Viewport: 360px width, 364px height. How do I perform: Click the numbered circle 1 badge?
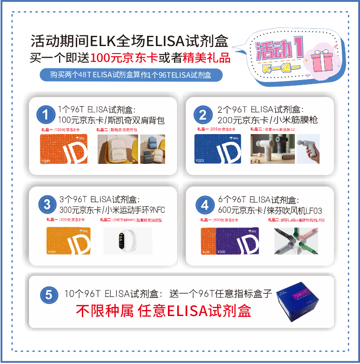tap(45, 115)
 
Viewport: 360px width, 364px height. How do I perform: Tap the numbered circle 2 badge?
tap(203, 115)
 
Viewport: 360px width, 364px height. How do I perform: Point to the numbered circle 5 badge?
tap(48, 294)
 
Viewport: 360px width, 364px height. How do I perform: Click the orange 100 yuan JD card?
tap(64, 149)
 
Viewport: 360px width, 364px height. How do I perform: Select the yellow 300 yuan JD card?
tap(68, 241)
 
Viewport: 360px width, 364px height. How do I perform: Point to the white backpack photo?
tap(117, 149)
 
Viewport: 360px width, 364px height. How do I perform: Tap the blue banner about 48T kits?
tap(131, 75)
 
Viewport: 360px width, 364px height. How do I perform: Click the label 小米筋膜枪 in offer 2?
tap(295, 120)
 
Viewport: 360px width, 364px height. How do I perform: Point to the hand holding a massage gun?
tap(308, 149)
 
